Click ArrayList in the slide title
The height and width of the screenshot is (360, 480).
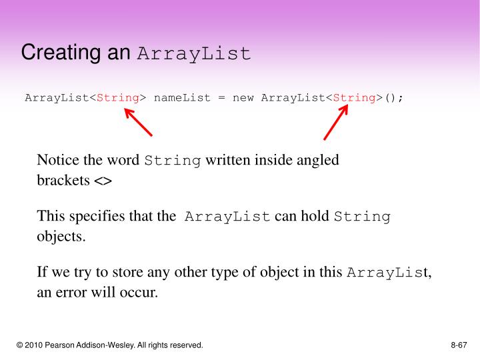[x=194, y=53]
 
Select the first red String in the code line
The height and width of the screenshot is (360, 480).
[x=118, y=98]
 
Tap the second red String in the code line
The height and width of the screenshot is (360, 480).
[x=354, y=98]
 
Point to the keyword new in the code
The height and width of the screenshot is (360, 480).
[x=243, y=98]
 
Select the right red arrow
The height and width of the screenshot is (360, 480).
[x=336, y=123]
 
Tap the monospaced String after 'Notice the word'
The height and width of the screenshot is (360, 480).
[x=173, y=161]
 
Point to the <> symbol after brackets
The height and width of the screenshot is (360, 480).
[x=103, y=181]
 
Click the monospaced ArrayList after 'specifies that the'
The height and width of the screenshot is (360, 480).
[x=227, y=217]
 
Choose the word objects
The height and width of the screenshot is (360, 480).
[x=61, y=237]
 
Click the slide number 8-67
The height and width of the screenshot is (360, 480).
[x=459, y=345]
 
